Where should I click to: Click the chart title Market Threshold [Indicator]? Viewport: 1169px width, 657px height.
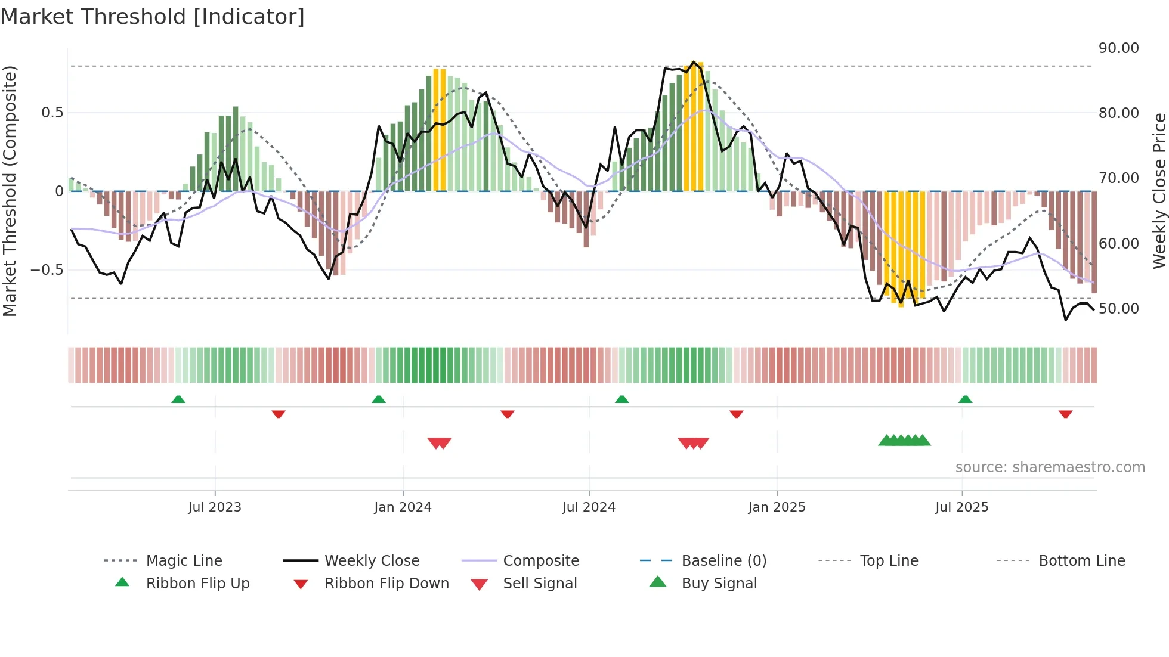point(153,17)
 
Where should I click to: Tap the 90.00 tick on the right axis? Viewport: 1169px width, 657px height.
point(1118,48)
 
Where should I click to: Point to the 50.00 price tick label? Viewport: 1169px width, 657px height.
point(1118,309)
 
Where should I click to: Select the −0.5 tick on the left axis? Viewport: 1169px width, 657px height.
point(47,270)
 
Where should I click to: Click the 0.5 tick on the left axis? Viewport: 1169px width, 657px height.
point(52,113)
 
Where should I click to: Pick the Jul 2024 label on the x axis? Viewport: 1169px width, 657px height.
point(588,507)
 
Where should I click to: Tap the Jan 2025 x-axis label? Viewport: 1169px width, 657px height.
point(777,507)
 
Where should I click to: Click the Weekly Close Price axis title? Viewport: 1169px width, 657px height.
point(1159,191)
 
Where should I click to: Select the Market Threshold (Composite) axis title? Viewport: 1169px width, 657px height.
point(10,191)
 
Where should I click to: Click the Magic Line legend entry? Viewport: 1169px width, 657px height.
point(184,561)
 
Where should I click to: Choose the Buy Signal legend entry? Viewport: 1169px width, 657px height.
point(719,584)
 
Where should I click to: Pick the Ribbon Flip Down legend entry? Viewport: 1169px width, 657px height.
point(386,584)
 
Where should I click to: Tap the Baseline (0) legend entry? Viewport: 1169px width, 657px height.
point(723,561)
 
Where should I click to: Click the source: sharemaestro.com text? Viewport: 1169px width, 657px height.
point(1050,467)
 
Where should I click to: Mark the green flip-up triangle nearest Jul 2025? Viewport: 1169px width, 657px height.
point(965,399)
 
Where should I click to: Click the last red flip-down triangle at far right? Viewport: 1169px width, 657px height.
point(1065,414)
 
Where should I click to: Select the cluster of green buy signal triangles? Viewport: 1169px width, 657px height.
point(904,441)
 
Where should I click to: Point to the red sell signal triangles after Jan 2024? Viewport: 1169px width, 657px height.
point(440,443)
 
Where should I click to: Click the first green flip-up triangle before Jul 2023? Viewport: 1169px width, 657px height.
point(178,399)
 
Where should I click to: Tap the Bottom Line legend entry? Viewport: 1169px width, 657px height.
point(1081,561)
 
